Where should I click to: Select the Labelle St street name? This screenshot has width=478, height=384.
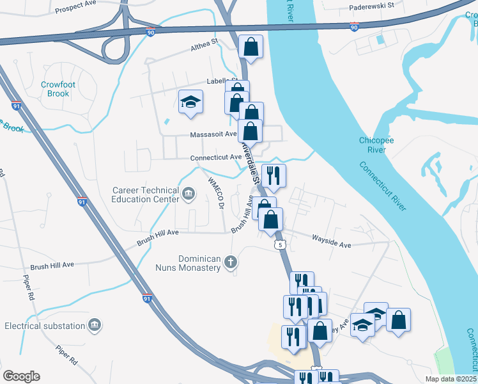click(221, 81)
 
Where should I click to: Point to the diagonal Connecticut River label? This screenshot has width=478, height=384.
click(382, 186)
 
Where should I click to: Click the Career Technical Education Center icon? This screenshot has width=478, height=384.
click(189, 193)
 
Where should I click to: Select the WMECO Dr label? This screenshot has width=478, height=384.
click(213, 191)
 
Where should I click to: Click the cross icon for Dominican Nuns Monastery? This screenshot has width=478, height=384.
click(231, 262)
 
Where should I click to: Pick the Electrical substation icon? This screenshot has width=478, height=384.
click(95, 326)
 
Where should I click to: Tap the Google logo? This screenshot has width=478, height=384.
click(22, 376)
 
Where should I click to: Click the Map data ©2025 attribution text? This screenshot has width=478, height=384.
click(451, 379)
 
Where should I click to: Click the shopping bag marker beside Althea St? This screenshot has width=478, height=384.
click(251, 46)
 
